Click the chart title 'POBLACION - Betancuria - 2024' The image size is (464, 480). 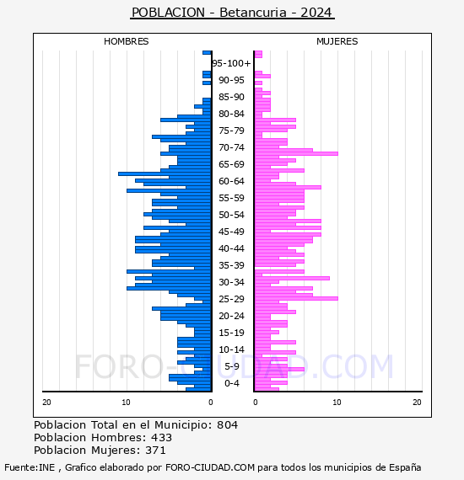point(232,13)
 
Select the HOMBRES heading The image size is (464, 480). point(126,41)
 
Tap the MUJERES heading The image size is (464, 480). point(337,41)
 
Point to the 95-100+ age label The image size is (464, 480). point(231,63)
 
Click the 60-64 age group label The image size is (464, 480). point(231,181)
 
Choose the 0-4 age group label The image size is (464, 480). point(231,383)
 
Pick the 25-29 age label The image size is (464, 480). point(231,299)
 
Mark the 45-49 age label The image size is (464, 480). point(231,232)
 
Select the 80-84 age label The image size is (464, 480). point(231,114)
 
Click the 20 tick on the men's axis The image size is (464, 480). point(46,403)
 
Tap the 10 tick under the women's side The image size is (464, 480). point(337,403)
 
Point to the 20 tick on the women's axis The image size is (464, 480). point(417,403)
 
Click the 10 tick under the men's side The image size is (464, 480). point(126,403)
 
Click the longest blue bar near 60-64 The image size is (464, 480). point(165,173)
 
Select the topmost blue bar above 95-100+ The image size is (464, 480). point(207,53)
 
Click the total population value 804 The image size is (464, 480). point(227,425)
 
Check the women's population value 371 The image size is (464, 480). point(155,451)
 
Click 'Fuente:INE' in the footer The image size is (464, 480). point(30,467)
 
